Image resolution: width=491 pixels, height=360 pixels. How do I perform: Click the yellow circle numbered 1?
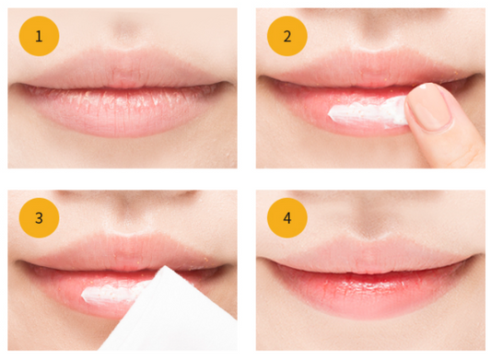(x=39, y=36)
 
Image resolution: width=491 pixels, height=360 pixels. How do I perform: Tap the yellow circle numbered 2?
(x=287, y=36)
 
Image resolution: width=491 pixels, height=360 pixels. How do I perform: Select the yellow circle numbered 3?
(x=39, y=218)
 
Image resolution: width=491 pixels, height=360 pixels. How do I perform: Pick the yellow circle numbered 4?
(x=287, y=218)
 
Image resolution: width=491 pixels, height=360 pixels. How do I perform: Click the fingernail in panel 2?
(x=429, y=107)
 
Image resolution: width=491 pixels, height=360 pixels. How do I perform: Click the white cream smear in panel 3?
(x=114, y=294)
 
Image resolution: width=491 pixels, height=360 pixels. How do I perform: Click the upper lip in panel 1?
(x=123, y=69)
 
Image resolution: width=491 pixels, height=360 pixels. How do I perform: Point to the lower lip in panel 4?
(x=369, y=293)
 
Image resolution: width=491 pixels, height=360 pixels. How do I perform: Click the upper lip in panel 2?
(x=369, y=70)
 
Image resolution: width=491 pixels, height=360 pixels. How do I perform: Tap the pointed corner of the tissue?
(x=165, y=266)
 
